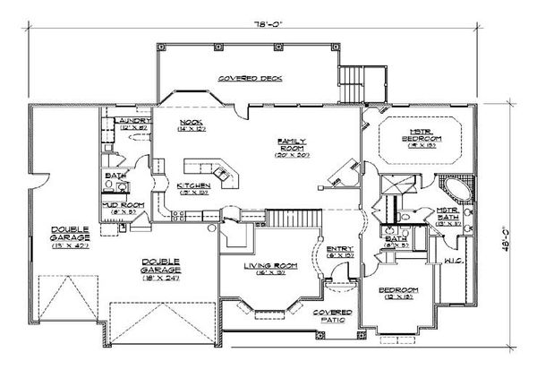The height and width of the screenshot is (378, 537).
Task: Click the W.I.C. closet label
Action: pyautogui.click(x=452, y=261)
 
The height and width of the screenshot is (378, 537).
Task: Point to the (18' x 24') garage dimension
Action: pyautogui.click(x=162, y=274)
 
